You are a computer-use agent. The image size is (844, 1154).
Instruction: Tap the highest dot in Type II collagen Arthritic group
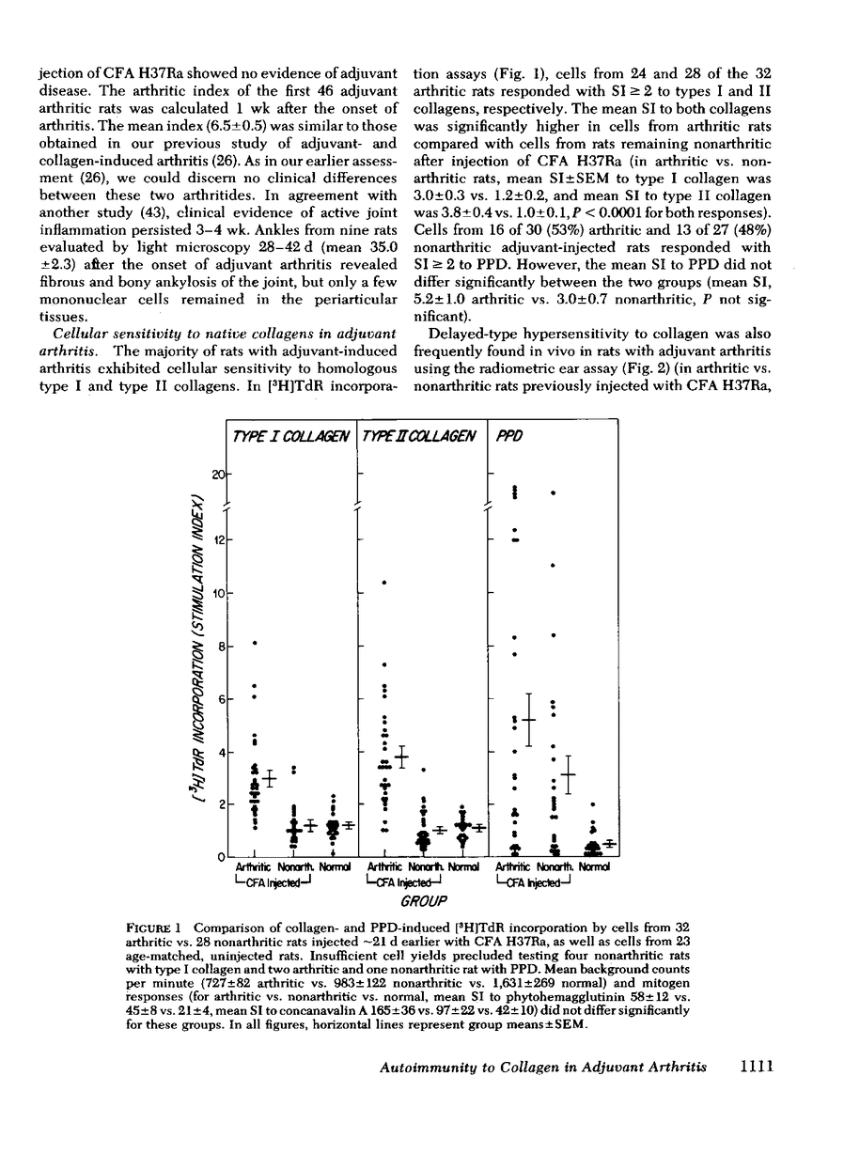(x=385, y=583)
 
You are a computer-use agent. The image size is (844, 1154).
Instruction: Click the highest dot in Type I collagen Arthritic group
(x=256, y=643)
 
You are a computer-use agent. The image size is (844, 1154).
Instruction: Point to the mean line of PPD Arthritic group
(x=528, y=720)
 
